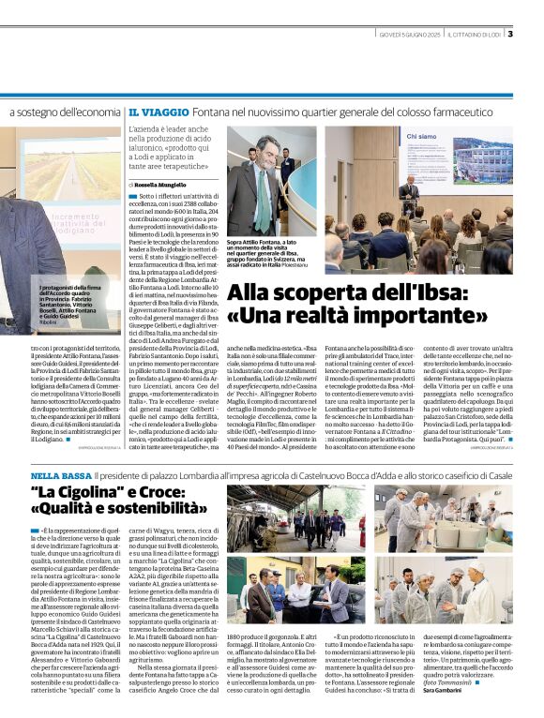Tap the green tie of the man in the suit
pyautogui.click(x=260, y=178)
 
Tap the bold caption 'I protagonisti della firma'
pyautogui.click(x=71, y=285)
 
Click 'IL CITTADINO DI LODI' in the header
pyautogui.click(x=475, y=37)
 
